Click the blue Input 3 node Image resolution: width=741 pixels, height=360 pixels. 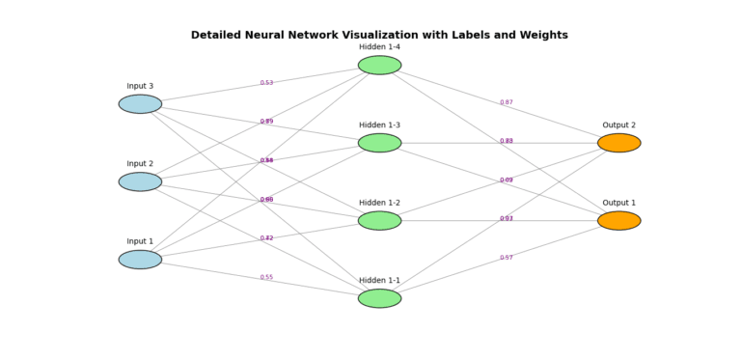140,104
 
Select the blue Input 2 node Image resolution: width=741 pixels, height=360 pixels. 140,181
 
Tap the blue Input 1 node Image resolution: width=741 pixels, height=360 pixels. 140,260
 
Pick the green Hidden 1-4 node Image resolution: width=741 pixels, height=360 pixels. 379,66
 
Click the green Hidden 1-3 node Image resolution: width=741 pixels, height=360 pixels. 379,143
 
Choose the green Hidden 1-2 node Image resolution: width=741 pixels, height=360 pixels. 379,221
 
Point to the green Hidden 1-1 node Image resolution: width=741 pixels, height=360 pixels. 379,298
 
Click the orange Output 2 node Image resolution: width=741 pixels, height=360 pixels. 618,143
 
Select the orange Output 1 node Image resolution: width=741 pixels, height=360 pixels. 618,221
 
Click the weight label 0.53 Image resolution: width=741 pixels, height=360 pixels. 266,83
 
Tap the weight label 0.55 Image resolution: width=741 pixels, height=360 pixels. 266,277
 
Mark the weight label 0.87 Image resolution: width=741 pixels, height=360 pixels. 507,102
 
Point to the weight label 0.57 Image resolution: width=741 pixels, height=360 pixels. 507,258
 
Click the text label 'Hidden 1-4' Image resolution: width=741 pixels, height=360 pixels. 379,47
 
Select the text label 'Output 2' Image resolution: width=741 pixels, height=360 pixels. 618,125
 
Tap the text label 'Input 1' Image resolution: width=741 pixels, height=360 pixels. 140,241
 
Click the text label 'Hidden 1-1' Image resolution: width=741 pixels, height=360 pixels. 379,280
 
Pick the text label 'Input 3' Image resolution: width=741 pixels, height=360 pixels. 140,86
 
